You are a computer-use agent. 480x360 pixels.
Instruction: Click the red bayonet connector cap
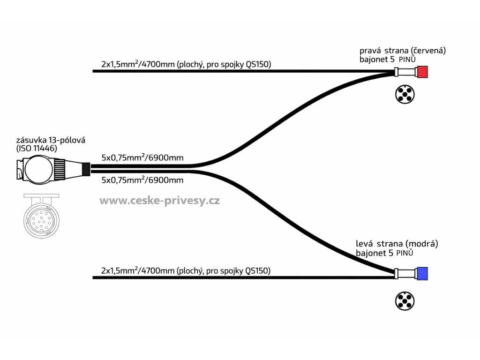[422, 72]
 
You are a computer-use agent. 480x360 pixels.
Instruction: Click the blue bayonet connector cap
[422, 274]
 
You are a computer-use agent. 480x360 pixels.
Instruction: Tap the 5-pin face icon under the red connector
[405, 95]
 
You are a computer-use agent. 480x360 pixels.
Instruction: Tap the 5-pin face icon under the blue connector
[405, 301]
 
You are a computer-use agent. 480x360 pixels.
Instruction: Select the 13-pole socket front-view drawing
[41, 216]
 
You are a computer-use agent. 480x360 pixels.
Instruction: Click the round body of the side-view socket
[38, 169]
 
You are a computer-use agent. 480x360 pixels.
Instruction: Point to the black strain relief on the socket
[86, 169]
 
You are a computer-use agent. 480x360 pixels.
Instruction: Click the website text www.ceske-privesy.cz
[159, 201]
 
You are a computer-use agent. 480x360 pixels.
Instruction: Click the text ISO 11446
[37, 149]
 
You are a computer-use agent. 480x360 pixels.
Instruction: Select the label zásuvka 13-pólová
[51, 140]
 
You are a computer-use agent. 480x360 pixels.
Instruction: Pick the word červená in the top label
[428, 51]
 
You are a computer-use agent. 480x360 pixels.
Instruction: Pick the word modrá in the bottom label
[421, 244]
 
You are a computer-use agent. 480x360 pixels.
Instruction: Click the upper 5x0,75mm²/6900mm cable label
[142, 157]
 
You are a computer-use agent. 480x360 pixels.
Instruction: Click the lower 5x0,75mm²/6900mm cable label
[142, 180]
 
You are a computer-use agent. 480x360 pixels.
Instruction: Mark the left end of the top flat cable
[93, 71]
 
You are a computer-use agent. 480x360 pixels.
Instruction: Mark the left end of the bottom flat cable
[93, 277]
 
